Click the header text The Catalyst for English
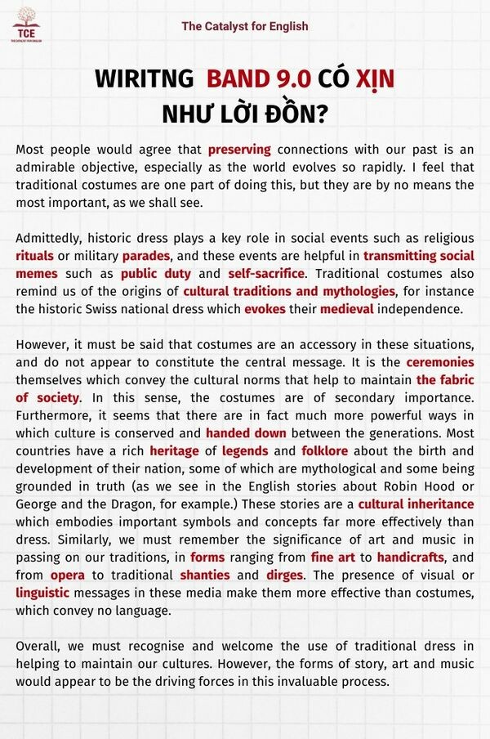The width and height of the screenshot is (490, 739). tap(245, 26)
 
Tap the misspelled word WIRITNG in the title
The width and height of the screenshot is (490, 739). tap(144, 79)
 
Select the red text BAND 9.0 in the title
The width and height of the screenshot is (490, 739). tap(259, 79)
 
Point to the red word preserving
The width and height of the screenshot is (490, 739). tap(238, 150)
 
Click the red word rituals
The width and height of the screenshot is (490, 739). tap(35, 256)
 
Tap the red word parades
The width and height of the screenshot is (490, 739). tap(145, 256)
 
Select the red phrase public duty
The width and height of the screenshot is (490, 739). tap(156, 274)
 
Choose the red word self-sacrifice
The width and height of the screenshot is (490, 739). tap(267, 274)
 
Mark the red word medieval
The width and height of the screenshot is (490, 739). tap(346, 309)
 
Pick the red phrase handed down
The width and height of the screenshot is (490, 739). tap(246, 433)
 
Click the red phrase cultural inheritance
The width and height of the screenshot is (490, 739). tap(416, 504)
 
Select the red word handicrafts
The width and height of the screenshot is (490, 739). tap(411, 558)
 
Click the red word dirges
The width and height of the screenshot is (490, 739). tap(284, 576)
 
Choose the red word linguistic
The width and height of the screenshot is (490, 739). tap(42, 593)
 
